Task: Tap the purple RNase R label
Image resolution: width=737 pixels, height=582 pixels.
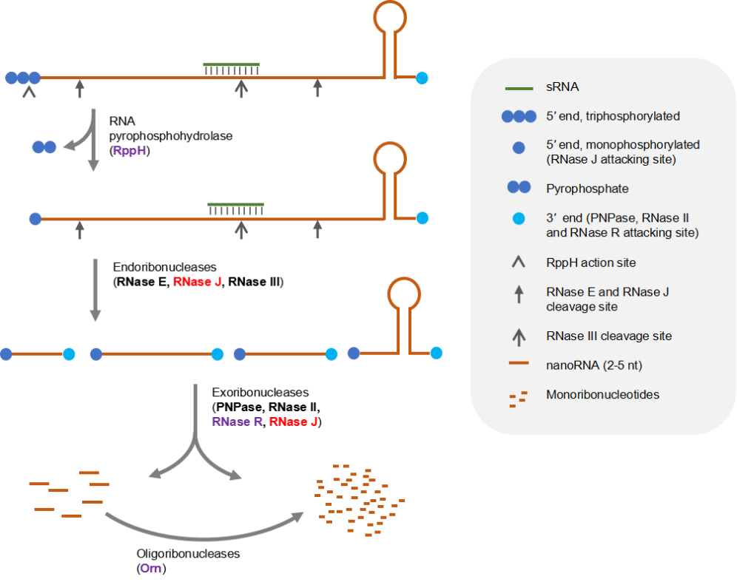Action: (x=237, y=422)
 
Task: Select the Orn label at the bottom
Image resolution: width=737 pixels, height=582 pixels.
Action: (x=150, y=569)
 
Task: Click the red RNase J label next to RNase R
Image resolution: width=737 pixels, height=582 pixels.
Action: (x=294, y=422)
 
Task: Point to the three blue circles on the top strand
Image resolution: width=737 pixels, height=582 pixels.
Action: (x=22, y=77)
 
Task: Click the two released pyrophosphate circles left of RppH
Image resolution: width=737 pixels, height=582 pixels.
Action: (x=44, y=146)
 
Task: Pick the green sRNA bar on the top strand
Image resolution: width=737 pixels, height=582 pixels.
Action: (x=231, y=64)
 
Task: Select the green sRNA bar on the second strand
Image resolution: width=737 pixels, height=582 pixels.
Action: (x=235, y=204)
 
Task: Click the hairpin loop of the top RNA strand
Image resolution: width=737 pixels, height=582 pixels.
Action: (x=389, y=18)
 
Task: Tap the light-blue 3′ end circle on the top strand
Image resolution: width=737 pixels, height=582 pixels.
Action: (x=422, y=77)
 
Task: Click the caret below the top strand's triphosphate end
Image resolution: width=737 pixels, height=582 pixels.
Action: (x=29, y=92)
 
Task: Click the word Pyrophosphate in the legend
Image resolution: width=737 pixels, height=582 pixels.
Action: (x=588, y=189)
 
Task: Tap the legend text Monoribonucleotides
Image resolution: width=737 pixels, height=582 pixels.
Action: (x=602, y=395)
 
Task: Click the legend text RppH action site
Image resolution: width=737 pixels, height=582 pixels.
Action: (x=591, y=263)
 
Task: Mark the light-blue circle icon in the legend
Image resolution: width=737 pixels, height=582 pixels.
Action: (x=519, y=218)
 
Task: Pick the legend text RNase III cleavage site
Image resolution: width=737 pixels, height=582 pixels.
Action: (x=609, y=336)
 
